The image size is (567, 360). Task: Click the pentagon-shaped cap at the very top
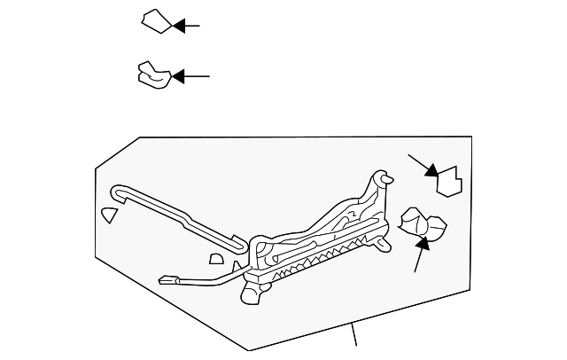(x=156, y=21)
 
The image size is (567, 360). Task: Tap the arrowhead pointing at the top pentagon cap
(x=180, y=26)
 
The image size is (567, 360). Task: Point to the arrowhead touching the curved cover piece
(x=178, y=77)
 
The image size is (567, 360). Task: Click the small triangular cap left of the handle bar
(x=108, y=215)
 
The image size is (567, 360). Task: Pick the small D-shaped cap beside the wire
(x=215, y=259)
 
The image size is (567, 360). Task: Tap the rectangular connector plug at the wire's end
(x=166, y=280)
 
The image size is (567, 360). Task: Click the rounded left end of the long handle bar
(x=117, y=190)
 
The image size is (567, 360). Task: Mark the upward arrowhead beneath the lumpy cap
(x=423, y=241)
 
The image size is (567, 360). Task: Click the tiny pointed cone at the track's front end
(x=237, y=266)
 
